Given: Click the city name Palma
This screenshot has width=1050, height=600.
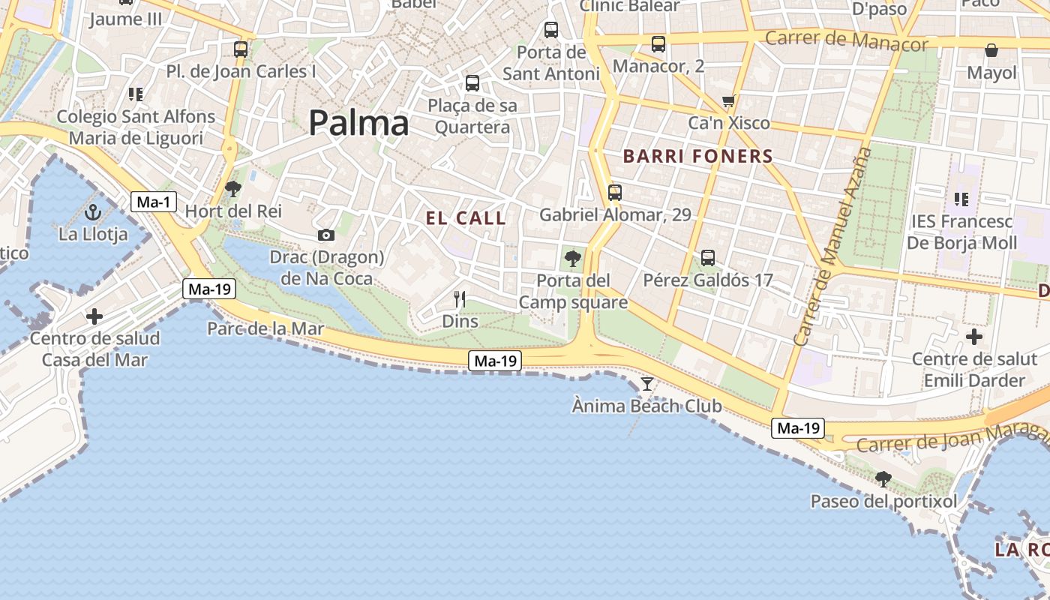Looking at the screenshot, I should point(358,123).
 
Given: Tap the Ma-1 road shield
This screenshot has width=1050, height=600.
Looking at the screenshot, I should point(154,201).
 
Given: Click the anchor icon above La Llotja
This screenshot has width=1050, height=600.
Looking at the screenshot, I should point(94,211).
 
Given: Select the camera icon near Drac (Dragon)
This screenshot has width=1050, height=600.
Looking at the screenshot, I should point(325,235).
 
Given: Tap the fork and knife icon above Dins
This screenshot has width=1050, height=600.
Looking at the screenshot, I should point(460,299).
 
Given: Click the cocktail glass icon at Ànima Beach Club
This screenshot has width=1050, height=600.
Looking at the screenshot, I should point(646,384).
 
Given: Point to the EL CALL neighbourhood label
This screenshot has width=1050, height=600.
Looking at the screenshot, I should point(466,218).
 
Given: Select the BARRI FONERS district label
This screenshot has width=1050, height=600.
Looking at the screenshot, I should point(697,156).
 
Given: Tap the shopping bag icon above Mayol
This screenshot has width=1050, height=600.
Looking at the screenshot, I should point(991,51).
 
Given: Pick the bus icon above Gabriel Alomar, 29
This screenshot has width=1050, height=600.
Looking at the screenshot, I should point(615,193).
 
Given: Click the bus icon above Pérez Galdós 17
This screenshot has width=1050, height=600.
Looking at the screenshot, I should point(707,258).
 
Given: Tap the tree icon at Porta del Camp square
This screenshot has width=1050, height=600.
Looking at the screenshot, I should point(572,259).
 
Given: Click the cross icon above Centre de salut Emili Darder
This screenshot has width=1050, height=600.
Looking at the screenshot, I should point(973,337).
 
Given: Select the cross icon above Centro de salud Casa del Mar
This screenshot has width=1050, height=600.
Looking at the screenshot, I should point(94,316).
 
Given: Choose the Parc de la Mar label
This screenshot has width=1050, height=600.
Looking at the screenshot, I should point(265,328).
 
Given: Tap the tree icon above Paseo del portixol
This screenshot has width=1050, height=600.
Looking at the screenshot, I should point(883,478).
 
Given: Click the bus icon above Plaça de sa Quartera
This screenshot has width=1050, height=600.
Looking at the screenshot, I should point(472,83).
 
